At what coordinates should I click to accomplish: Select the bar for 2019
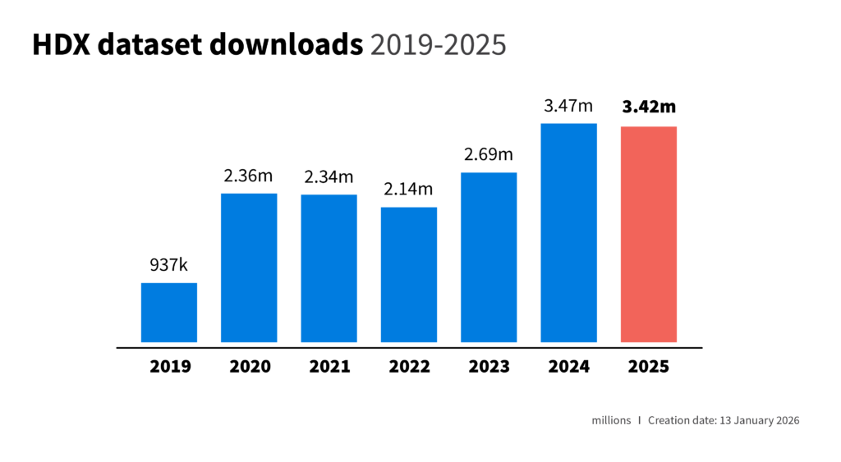point(169,312)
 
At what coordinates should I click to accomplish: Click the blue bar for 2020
point(249,268)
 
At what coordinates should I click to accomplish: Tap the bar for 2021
point(329,268)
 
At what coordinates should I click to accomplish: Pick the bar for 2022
point(409,274)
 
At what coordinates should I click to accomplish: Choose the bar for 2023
point(489,257)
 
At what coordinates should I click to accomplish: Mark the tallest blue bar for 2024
point(568,232)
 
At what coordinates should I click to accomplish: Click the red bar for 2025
point(649,234)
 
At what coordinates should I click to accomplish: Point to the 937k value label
point(169,265)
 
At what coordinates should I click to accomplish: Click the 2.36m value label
point(249,176)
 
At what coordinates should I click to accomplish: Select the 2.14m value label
point(409,190)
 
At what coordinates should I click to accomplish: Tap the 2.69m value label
point(489,154)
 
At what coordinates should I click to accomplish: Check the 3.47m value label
point(568,106)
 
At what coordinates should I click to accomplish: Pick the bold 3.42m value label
point(649,107)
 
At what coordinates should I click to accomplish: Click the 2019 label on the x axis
point(170,367)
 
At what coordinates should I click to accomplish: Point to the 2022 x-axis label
point(409,367)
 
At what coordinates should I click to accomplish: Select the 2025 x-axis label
point(649,367)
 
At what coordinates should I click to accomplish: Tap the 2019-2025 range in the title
point(438,46)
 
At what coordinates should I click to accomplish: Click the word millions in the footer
point(611,420)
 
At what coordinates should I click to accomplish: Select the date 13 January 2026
point(759,420)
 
